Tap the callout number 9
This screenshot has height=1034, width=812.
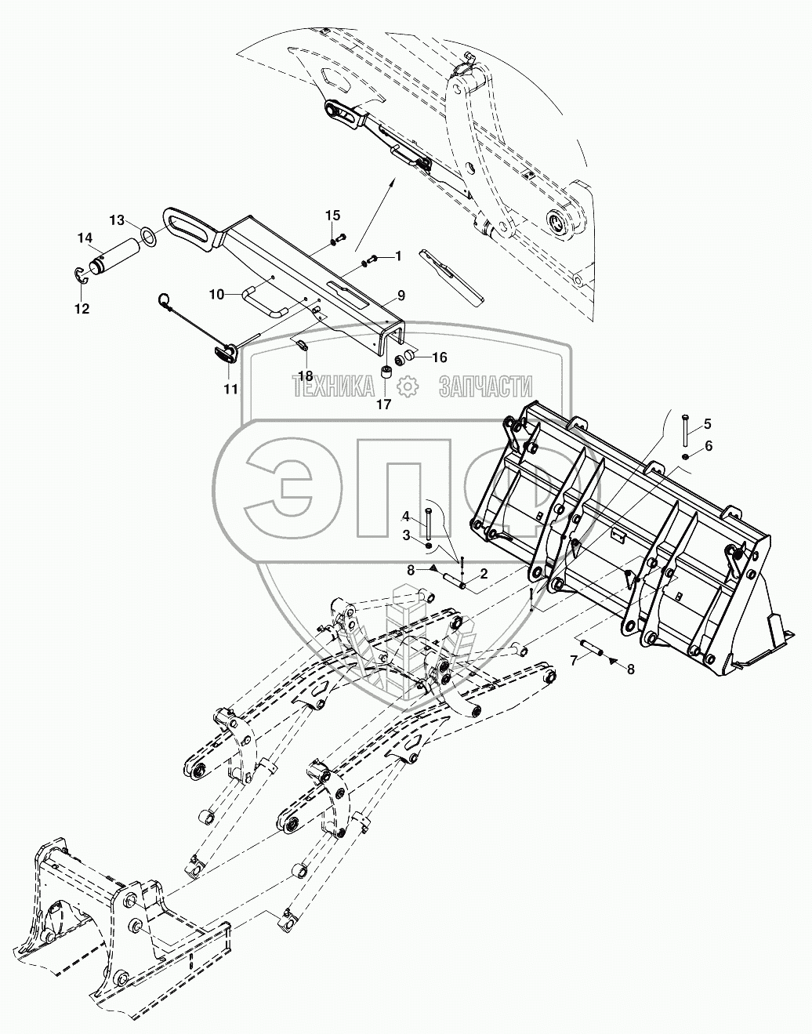coord(401,295)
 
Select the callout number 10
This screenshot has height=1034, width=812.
coord(217,294)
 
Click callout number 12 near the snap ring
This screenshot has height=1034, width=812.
coord(82,309)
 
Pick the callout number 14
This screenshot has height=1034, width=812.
coord(84,238)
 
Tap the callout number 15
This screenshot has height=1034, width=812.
coord(333,215)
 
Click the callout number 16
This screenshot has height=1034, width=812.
coord(439,357)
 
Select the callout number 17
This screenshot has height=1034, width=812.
coord(383,405)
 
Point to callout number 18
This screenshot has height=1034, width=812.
coord(305,376)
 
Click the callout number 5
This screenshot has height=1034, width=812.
coord(707,424)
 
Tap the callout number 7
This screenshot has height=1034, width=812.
coord(574,660)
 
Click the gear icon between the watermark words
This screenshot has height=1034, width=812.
coord(407,386)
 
